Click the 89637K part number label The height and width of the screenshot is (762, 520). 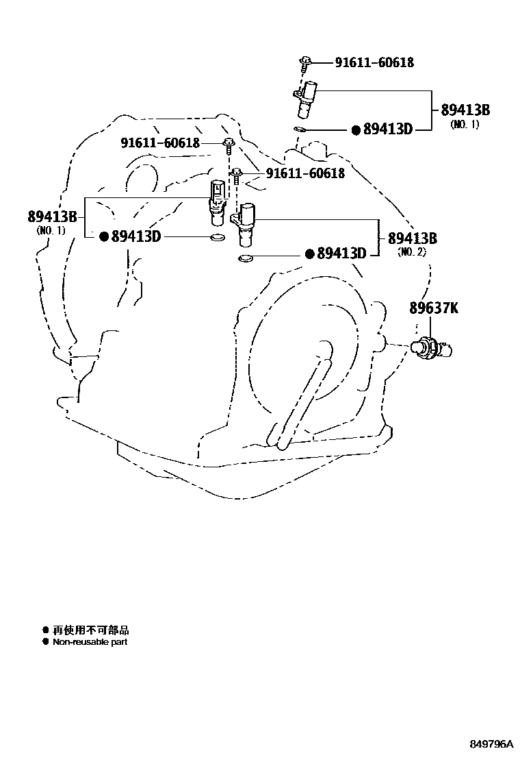[x=434, y=308]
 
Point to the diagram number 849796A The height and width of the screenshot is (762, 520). [x=490, y=743]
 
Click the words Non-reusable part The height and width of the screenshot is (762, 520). [x=90, y=642]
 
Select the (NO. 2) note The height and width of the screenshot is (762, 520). [x=411, y=252]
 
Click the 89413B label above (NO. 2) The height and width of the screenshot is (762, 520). [x=412, y=238]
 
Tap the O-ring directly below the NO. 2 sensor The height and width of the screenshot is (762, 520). [x=245, y=258]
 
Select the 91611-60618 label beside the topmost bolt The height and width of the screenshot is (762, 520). [x=374, y=62]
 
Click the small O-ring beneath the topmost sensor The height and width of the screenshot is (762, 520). [x=299, y=128]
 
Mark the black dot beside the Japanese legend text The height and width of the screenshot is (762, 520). [x=46, y=630]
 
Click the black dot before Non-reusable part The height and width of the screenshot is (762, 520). [x=46, y=642]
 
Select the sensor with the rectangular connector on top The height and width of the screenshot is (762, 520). [x=216, y=201]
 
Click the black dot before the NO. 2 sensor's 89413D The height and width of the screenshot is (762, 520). [x=309, y=254]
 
